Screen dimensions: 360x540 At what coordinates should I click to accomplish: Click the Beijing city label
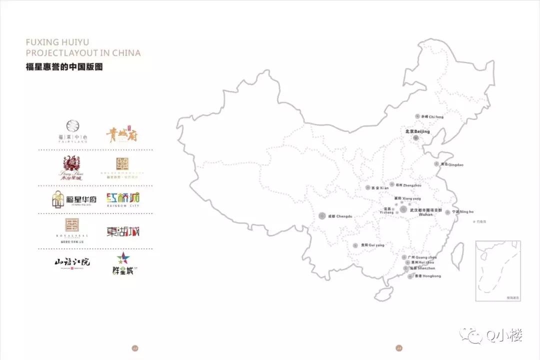click(x=417, y=131)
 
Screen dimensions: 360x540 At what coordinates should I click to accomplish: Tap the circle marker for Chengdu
click(x=322, y=216)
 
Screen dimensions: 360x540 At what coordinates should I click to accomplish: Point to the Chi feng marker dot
click(x=417, y=116)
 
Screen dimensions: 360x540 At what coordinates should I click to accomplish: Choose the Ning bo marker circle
click(x=447, y=212)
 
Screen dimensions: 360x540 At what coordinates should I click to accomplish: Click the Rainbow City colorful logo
click(x=122, y=199)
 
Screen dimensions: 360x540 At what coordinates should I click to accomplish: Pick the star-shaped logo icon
click(x=122, y=258)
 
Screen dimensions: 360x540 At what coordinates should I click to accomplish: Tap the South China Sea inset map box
click(x=497, y=270)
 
